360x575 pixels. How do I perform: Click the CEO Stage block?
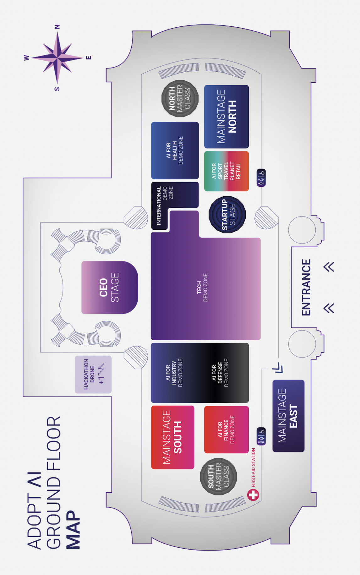[109, 287]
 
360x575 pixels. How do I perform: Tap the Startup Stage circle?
[227, 215]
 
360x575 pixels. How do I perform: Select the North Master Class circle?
[180, 98]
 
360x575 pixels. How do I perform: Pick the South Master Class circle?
[218, 476]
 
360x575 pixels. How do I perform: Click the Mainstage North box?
[226, 117]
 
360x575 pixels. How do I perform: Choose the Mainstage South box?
[172, 437]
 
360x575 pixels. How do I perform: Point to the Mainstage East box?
[288, 416]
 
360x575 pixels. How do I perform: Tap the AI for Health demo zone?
[175, 150]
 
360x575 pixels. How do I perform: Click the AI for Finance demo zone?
[226, 429]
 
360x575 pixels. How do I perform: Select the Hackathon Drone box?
[93, 374]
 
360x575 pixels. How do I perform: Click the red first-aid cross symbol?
[253, 495]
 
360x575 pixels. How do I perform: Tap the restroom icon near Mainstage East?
[261, 436]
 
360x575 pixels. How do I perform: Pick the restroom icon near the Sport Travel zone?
[261, 178]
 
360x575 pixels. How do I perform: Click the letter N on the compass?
[57, 27]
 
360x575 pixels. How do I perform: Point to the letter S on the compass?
[57, 89]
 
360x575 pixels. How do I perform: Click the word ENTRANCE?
[306, 287]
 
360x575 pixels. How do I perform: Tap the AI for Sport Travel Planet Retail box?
[226, 171]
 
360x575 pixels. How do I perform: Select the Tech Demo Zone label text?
[202, 287]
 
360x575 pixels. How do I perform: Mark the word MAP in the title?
[73, 529]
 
